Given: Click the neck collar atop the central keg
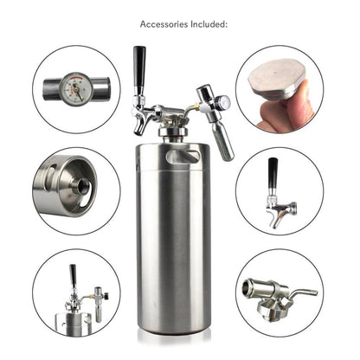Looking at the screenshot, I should coord(177,134).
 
